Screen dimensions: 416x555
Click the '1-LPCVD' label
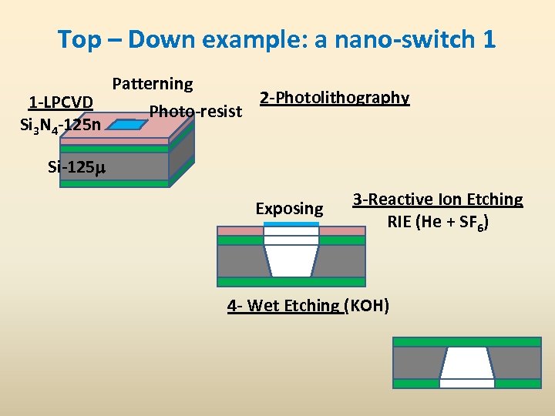60,102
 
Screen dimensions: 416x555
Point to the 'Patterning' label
153,83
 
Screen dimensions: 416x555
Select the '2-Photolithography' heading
335,98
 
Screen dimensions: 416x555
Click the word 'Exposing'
289,209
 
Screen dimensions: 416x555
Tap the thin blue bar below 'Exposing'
291,224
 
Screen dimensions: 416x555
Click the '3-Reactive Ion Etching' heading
438,200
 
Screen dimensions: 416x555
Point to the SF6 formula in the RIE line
472,223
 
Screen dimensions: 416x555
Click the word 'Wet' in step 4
264,306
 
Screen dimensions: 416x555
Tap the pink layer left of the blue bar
240,230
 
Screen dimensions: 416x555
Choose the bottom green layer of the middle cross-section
291,282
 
